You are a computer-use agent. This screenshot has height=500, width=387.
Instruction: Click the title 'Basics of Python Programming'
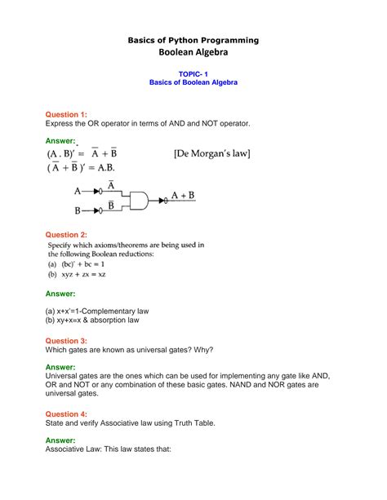[x=193, y=39]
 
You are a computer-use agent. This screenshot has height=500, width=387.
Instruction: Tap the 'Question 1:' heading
[x=69, y=113]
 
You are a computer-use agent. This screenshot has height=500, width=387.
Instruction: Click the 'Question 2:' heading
[x=69, y=233]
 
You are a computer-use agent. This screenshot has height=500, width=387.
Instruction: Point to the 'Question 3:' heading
[x=69, y=341]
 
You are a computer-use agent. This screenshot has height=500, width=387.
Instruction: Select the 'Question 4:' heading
[x=69, y=414]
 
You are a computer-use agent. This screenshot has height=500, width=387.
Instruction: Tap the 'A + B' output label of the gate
[x=182, y=197]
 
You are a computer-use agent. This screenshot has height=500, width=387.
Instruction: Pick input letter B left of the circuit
[x=78, y=210]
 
